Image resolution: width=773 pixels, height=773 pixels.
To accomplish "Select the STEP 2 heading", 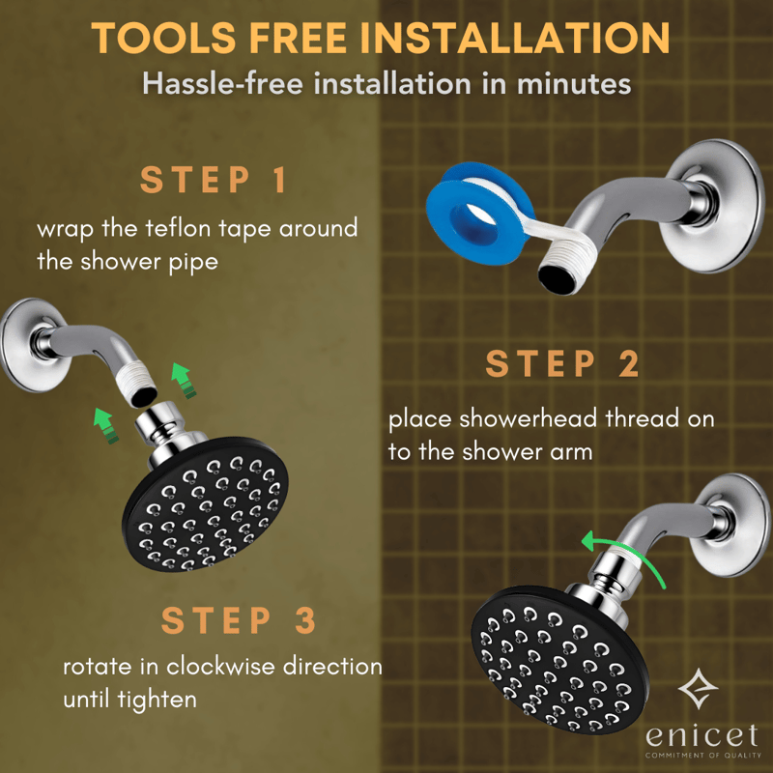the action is (562, 363).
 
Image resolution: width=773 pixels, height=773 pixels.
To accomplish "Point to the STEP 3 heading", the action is (238, 619).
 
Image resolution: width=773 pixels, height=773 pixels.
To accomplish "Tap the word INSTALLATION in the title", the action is (515, 38).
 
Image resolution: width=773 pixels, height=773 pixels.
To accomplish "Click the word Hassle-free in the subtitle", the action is (222, 83).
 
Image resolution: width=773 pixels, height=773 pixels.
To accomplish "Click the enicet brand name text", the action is (701, 735).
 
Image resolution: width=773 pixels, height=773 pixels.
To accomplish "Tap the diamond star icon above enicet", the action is (698, 689).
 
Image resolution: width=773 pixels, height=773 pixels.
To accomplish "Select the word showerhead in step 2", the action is (528, 418).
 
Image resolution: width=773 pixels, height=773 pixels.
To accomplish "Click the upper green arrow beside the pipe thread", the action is (183, 380).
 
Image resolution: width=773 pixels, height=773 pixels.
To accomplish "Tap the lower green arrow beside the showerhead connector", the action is (106, 425).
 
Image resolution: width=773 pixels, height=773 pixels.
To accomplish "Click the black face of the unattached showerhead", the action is (205, 503).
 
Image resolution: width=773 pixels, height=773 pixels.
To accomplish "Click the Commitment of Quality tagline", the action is (703, 756).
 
